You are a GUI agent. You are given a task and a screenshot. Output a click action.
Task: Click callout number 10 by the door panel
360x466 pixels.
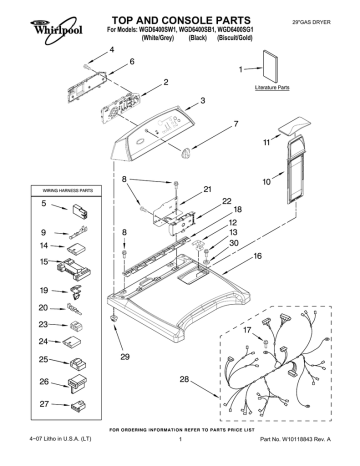267,183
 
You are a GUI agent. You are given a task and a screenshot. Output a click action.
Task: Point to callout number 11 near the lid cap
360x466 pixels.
266,144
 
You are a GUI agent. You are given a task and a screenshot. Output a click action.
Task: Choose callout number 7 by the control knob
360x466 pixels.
236,124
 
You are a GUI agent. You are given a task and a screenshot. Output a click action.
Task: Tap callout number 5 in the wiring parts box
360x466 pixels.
45,205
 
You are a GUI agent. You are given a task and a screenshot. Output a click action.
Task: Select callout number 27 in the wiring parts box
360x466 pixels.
45,404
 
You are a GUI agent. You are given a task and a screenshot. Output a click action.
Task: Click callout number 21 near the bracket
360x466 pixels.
207,189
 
